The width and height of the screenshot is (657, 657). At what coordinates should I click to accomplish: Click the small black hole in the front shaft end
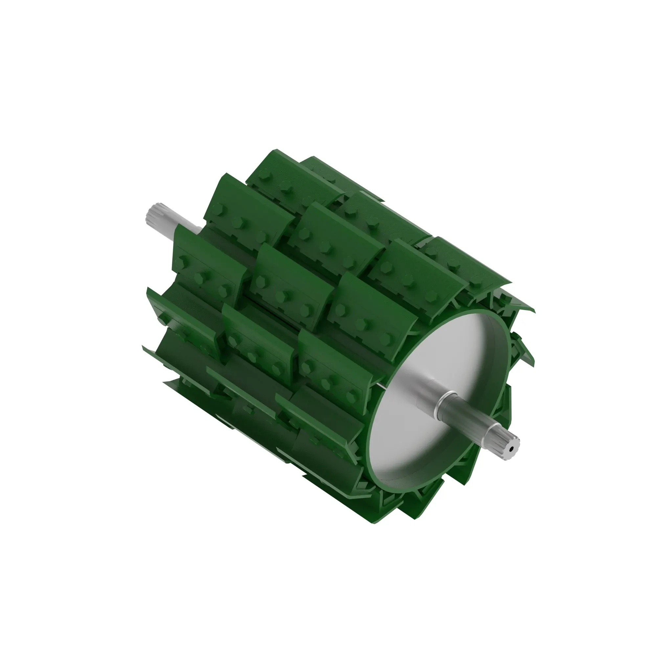pyautogui.click(x=511, y=449)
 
